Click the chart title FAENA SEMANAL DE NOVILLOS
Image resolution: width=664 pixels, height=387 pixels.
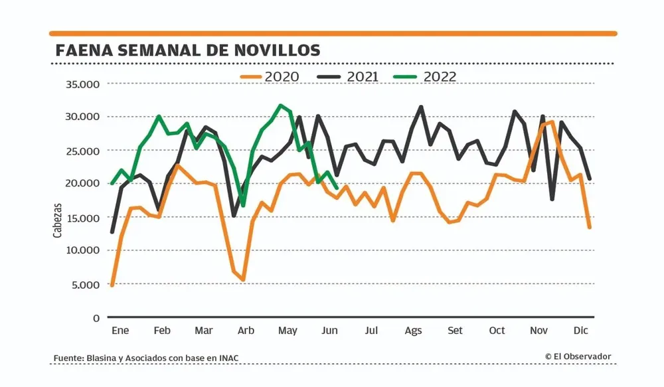tap(189, 50)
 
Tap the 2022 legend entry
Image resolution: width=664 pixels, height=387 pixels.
tap(428, 76)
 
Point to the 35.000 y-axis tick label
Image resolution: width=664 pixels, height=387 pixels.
tap(82, 84)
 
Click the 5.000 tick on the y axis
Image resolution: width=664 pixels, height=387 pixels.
tap(85, 284)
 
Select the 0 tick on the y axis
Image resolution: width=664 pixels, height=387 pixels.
tap(96, 318)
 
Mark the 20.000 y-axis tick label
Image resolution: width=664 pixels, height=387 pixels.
tap(82, 184)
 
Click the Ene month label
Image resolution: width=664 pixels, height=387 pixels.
tap(120, 331)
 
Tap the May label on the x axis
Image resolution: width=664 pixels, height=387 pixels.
tap(288, 331)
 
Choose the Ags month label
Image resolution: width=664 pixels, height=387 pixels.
tap(413, 331)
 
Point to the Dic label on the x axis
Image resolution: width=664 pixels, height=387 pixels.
tap(580, 331)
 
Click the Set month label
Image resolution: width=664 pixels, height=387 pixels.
tap(455, 331)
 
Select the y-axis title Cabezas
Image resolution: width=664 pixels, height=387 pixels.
tap(58, 220)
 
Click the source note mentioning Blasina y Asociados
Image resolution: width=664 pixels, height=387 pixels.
tap(146, 358)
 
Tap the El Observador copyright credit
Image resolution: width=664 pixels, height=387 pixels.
tap(578, 356)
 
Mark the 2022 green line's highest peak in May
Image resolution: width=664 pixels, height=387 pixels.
tap(281, 106)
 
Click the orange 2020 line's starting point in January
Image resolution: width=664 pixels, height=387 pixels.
tap(112, 285)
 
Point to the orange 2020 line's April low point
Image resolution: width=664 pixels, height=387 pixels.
tap(244, 280)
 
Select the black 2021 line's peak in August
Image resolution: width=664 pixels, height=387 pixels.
tap(421, 107)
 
